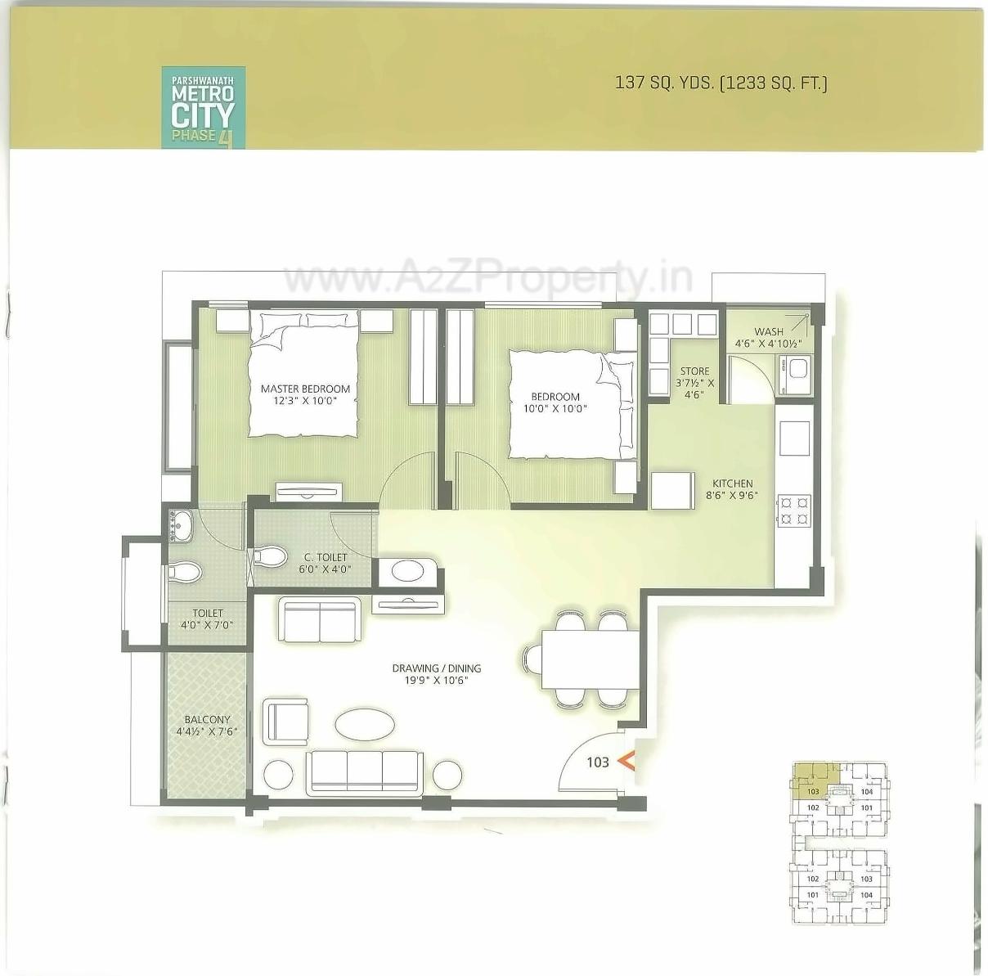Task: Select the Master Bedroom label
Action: pos(305,389)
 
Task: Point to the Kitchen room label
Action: pos(732,484)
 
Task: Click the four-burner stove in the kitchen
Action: pos(793,510)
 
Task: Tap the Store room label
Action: pos(694,371)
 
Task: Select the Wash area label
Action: pos(768,331)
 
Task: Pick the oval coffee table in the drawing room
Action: pos(365,724)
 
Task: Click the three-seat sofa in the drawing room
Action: pos(365,771)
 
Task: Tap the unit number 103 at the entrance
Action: pos(598,762)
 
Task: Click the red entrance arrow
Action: pos(626,761)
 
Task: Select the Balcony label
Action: pos(207,720)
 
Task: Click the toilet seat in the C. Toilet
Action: pos(269,558)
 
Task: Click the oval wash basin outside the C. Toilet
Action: pos(408,570)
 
